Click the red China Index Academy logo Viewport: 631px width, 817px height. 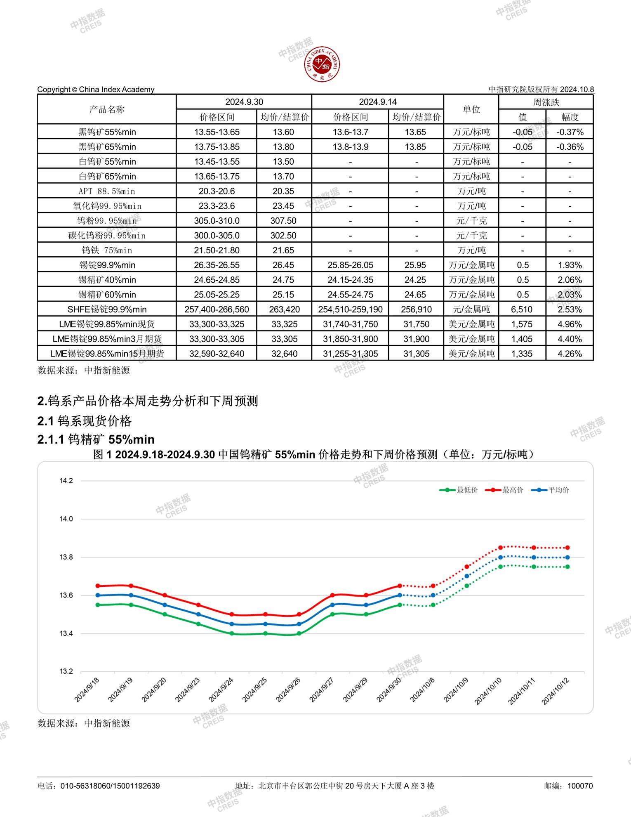322,64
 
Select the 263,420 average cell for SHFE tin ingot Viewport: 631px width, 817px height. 284,309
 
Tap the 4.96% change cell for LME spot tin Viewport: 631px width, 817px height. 570,324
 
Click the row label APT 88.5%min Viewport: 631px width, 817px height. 107,191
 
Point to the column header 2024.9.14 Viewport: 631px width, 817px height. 377,102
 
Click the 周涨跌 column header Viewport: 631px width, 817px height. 546,102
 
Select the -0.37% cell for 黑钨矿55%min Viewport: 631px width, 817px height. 570,132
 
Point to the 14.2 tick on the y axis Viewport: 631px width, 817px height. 66,481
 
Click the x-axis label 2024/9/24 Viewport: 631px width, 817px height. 221,689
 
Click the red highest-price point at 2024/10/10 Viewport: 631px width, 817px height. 500,548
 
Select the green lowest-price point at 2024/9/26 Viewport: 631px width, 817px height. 299,633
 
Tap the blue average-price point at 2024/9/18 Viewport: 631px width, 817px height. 98,595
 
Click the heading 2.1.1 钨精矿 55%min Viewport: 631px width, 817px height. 96,439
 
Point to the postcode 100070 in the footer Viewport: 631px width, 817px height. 580,786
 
